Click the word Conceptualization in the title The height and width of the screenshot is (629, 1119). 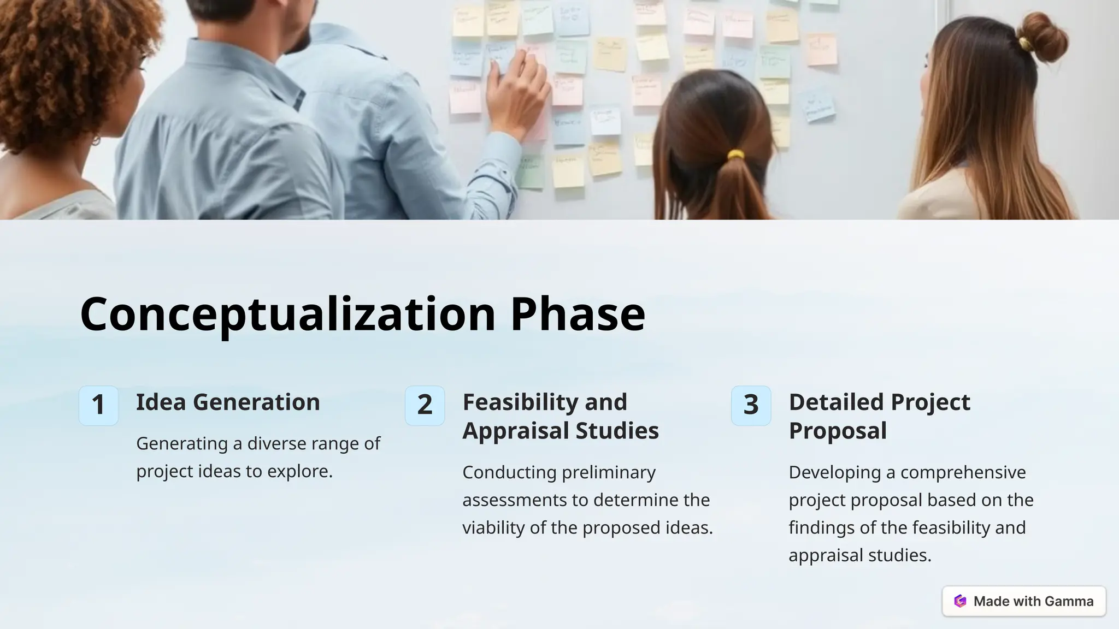pyautogui.click(x=287, y=314)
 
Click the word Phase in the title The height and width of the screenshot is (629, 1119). pyautogui.click(x=578, y=314)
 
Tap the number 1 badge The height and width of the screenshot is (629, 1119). pyautogui.click(x=98, y=405)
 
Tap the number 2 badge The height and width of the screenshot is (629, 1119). pyautogui.click(x=425, y=405)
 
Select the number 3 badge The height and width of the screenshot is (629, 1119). pyautogui.click(x=751, y=405)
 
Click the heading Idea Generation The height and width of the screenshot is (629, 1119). pyautogui.click(x=228, y=402)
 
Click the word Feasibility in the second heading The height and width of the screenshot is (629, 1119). pyautogui.click(x=514, y=402)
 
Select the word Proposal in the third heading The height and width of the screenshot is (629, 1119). pyautogui.click(x=837, y=431)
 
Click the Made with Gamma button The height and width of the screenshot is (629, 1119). pyautogui.click(x=1024, y=601)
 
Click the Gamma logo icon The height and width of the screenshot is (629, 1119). pyautogui.click(x=960, y=601)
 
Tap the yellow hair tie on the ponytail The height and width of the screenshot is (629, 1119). pyautogui.click(x=735, y=155)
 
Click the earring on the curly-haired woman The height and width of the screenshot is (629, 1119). pyautogui.click(x=97, y=140)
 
